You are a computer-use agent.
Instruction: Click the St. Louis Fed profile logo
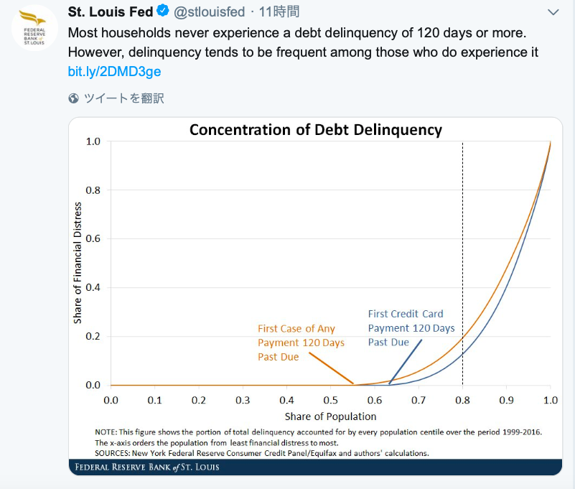[34, 28]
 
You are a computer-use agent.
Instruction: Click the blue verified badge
[164, 11]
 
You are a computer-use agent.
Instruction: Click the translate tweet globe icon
[73, 98]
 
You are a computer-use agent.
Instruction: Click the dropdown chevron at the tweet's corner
[553, 12]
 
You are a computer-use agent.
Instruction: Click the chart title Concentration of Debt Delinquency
[315, 130]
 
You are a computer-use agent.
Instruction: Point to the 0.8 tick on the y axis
[93, 190]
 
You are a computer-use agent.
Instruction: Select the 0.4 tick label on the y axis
[93, 288]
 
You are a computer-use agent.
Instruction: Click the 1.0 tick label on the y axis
[93, 141]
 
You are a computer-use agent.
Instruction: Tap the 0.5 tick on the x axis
[330, 399]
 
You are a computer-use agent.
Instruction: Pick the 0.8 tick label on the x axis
[462, 399]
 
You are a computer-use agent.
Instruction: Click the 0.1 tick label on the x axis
[154, 399]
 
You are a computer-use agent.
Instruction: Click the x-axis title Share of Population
[330, 416]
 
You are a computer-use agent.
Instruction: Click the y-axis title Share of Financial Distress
[78, 263]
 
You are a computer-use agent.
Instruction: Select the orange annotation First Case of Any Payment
[301, 343]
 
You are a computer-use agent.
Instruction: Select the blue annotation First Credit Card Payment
[411, 327]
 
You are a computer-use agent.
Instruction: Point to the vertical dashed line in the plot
[462, 251]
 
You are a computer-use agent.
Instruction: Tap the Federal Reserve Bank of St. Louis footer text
[147, 467]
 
